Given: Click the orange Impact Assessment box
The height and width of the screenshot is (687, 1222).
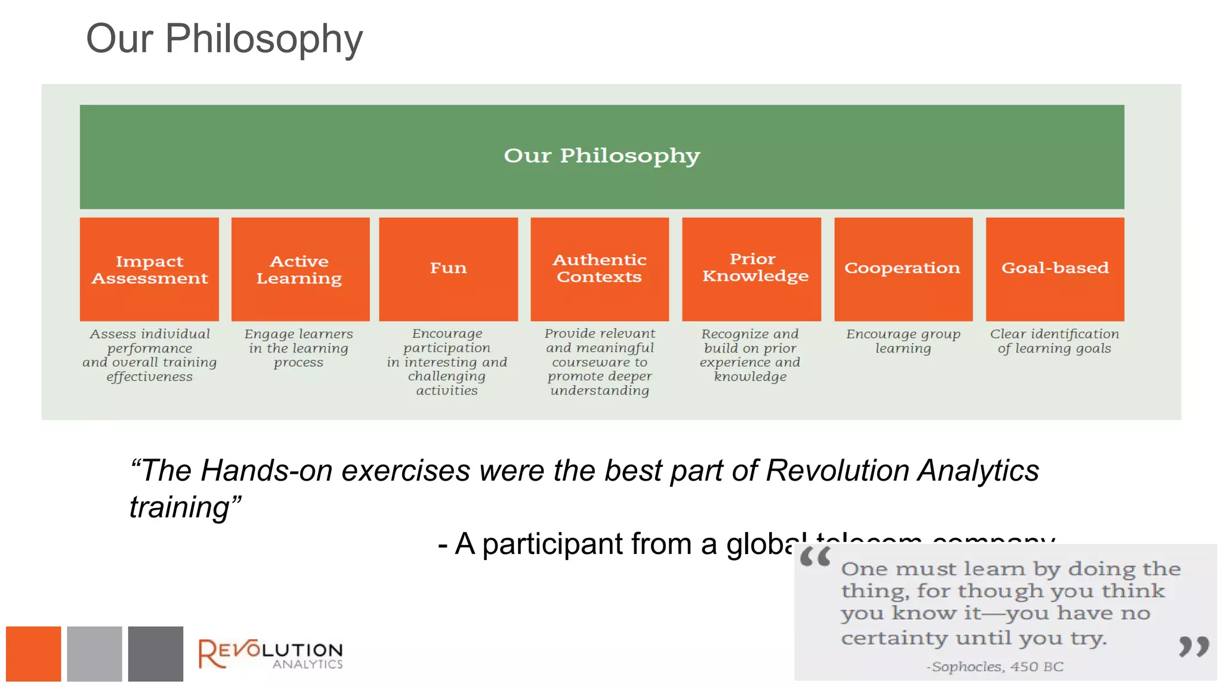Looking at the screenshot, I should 149,269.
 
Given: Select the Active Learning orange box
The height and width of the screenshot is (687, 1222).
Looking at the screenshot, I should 300,269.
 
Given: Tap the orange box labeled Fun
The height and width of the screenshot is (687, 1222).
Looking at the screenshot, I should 448,269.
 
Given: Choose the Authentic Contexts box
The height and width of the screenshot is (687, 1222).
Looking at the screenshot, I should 600,269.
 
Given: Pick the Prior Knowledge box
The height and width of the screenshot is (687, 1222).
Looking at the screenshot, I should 751,269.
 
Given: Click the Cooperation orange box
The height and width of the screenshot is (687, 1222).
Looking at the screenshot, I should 903,269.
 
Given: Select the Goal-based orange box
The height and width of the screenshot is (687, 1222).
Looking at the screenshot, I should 1054,269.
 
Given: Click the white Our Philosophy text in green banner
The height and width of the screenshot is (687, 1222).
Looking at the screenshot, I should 601,156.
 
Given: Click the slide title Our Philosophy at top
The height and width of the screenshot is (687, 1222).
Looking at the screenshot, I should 224,39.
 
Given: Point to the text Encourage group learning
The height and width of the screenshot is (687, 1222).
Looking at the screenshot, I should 903,341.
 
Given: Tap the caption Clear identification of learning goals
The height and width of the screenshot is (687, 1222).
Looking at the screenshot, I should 1054,341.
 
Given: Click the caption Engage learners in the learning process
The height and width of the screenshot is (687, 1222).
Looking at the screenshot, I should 298,348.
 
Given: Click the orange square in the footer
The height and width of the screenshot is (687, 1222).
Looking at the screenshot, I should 33,654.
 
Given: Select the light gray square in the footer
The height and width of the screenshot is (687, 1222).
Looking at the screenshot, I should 94,654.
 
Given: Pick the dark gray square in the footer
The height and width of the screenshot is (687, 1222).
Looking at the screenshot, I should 155,654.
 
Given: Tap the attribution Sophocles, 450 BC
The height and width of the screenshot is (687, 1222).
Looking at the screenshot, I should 995,667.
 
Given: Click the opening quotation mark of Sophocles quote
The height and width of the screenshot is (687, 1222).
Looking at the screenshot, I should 814,558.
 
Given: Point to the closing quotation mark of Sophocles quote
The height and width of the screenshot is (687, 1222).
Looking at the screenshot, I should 1193,646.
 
